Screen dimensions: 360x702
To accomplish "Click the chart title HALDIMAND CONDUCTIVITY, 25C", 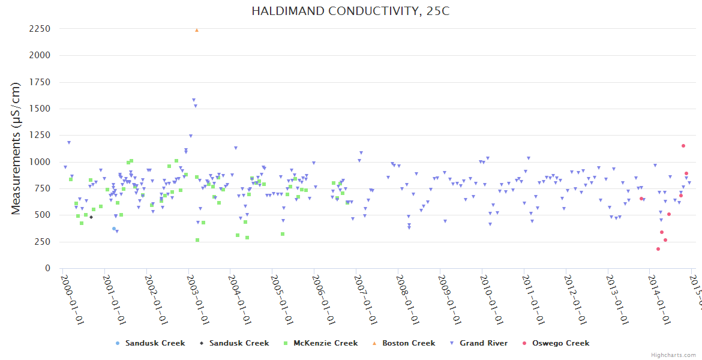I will click(350, 11).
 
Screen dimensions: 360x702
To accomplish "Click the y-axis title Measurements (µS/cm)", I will click(16, 148).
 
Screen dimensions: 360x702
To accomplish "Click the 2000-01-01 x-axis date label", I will click(72, 292).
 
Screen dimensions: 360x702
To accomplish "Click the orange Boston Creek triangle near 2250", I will click(197, 30).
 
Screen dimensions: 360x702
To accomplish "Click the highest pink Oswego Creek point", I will click(683, 146).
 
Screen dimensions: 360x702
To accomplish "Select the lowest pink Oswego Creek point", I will click(658, 249).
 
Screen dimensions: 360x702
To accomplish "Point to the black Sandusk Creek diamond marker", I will click(91, 217).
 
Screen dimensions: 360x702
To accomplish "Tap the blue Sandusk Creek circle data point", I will click(114, 229).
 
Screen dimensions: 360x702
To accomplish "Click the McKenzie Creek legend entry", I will click(325, 343).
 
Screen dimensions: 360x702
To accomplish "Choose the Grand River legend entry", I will click(484, 343).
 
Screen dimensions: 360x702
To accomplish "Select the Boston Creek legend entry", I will click(408, 343).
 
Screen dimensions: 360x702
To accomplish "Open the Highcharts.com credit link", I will click(675, 355).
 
